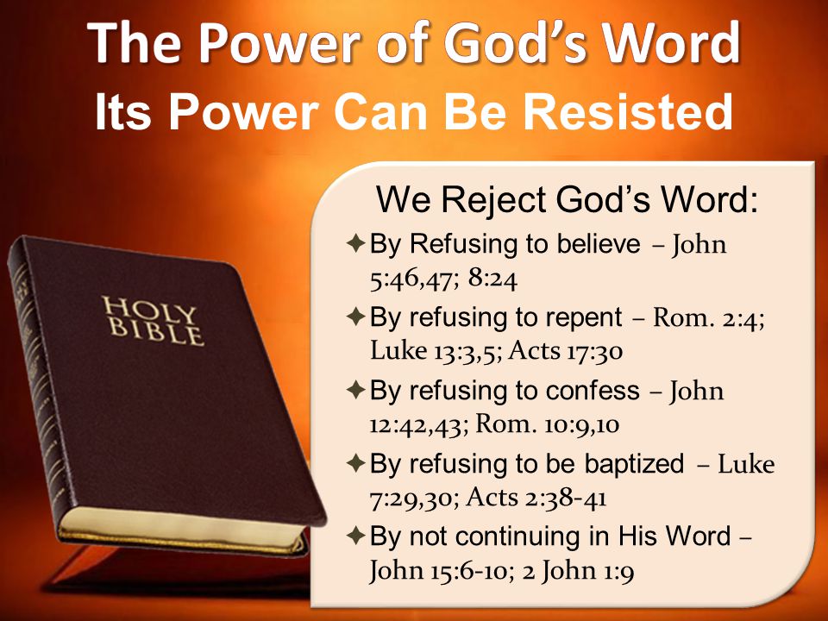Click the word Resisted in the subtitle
pyautogui.click(x=628, y=111)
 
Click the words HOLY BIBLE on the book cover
pyautogui.click(x=153, y=321)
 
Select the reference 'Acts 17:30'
pyautogui.click(x=566, y=351)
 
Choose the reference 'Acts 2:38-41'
pyautogui.click(x=536, y=498)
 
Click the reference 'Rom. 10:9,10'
pyautogui.click(x=548, y=424)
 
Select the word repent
pyautogui.click(x=584, y=318)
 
